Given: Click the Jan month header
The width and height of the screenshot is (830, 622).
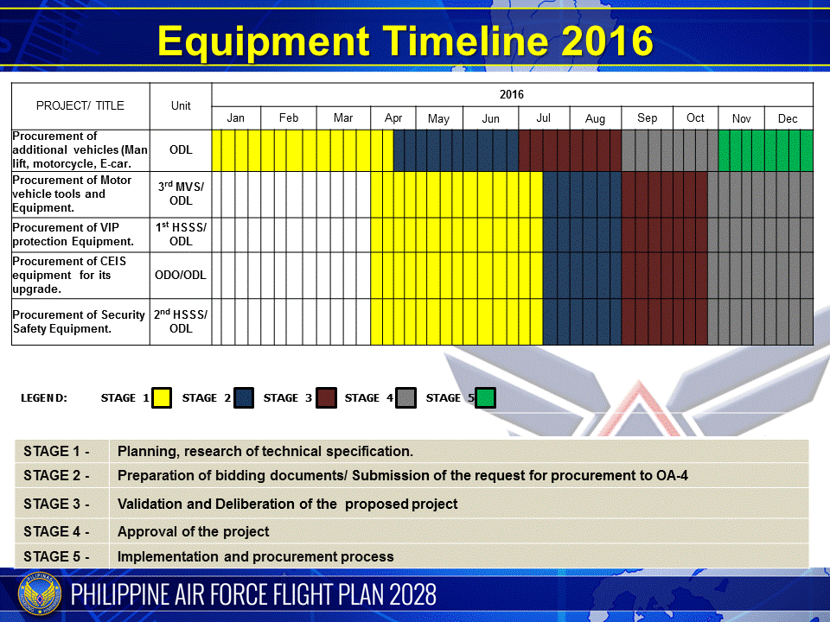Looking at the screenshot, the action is point(235,118).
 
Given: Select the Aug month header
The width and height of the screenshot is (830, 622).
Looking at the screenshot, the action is point(595,118).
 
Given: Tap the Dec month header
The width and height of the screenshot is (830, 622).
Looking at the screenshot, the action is point(788,118).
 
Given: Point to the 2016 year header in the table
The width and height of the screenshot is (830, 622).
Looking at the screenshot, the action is point(511,95).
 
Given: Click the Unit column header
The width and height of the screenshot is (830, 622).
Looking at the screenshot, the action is point(181,105).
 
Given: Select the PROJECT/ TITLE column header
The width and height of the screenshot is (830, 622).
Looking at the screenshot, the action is point(80,105).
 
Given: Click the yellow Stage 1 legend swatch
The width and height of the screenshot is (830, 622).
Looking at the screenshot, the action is point(162,397).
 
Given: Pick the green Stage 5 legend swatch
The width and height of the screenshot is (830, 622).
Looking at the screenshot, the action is point(485,397).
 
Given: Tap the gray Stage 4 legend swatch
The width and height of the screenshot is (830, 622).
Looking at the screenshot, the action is point(406,397).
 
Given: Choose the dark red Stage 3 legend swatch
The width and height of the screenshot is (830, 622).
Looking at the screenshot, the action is point(326,397).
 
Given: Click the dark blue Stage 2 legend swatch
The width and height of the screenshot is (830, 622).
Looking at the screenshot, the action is point(244,397).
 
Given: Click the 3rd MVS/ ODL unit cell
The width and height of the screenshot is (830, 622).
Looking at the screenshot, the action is point(181,194).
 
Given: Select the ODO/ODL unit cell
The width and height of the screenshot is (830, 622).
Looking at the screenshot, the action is point(181,275).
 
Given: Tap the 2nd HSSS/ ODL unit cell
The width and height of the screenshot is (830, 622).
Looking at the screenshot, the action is point(181,321).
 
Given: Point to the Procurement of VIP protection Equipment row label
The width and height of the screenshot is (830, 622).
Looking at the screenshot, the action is point(73,234).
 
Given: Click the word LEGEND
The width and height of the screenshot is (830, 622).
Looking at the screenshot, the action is point(44,398).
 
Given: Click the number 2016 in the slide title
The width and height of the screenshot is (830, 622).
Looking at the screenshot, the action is point(607,41).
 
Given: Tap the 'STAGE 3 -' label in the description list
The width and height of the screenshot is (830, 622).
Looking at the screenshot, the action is point(56,504).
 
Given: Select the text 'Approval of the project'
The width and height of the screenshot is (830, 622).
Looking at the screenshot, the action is point(193,531).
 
